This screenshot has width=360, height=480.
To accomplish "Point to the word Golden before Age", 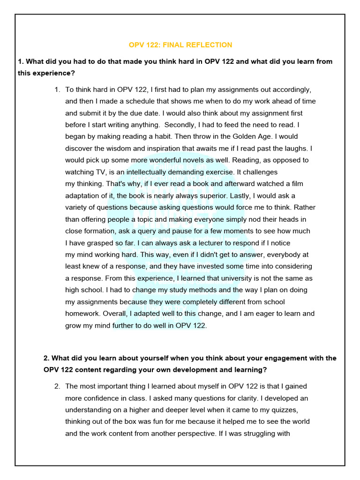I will coord(246,136).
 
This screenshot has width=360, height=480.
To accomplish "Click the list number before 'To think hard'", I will coord(57,90).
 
